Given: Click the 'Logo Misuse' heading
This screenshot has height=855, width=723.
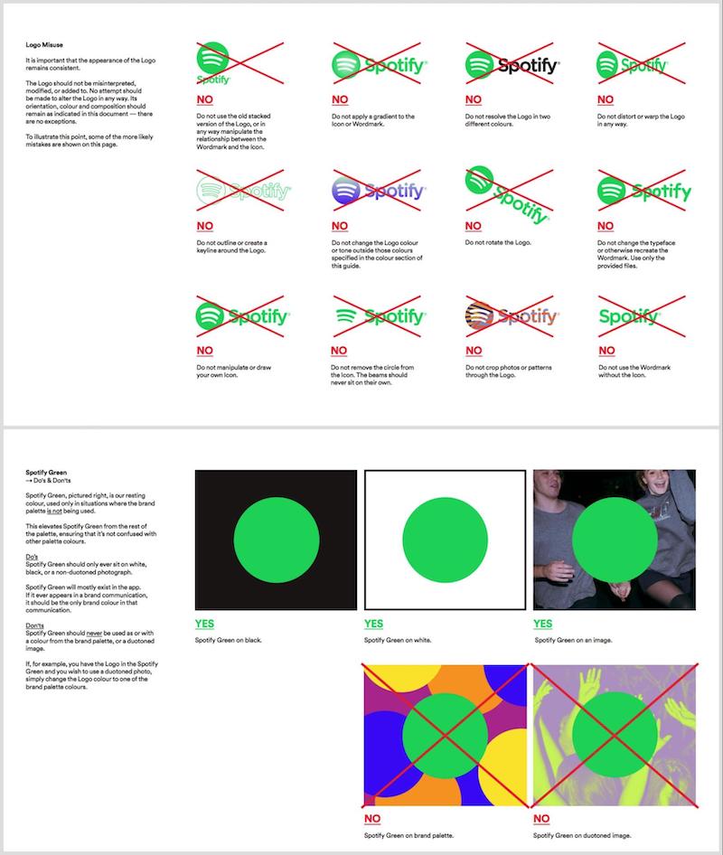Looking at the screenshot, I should (x=44, y=44).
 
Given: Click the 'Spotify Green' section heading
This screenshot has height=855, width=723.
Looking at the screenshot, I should (x=47, y=473).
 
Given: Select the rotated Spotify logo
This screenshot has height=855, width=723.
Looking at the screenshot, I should (x=507, y=196).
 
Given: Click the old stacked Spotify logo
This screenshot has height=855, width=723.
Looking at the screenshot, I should (x=214, y=62).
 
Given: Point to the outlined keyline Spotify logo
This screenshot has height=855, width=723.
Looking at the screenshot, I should (x=243, y=192).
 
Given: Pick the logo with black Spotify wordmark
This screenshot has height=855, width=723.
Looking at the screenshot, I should (x=512, y=65).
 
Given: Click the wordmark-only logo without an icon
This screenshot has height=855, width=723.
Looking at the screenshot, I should (x=629, y=316).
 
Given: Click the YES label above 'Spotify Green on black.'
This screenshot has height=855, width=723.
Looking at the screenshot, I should (x=204, y=624).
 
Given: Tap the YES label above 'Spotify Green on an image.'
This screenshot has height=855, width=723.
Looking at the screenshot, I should (x=542, y=624).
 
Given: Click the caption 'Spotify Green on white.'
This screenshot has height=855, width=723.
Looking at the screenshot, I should (x=399, y=640).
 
